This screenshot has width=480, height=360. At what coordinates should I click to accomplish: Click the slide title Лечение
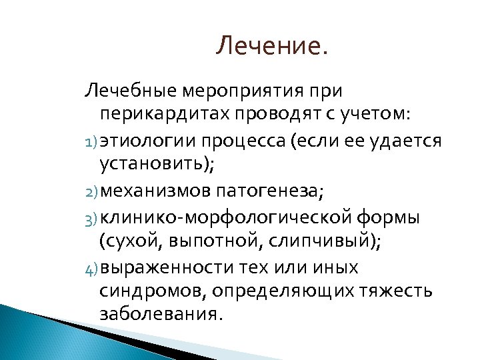(273, 47)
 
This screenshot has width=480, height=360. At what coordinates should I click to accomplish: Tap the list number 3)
(91, 219)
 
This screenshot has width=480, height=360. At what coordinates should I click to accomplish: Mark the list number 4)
(91, 269)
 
